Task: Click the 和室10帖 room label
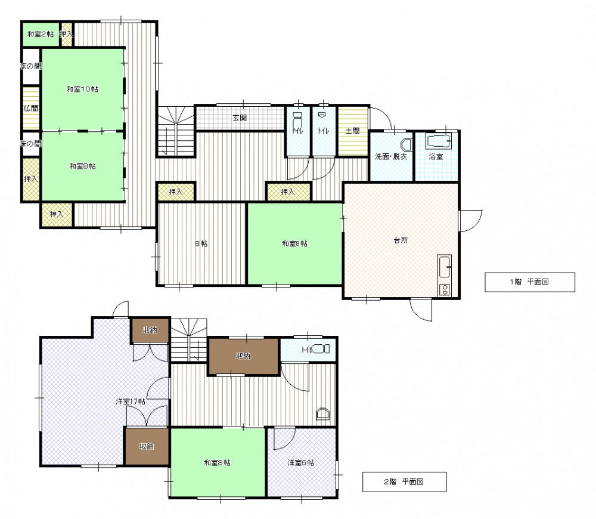[82, 89]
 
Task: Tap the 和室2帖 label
[41, 34]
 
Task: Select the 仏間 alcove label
[31, 109]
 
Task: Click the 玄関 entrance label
[240, 118]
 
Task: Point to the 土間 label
[353, 131]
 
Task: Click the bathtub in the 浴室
[438, 141]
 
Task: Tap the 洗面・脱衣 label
[391, 156]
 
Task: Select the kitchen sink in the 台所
[444, 267]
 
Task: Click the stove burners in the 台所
[444, 289]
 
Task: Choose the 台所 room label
[401, 240]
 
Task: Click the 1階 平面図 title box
[530, 282]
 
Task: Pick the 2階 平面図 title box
[405, 481]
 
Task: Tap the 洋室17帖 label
[131, 401]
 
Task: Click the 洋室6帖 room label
[300, 463]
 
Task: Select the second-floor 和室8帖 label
[217, 463]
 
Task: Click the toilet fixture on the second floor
[321, 349]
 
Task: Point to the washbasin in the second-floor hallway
[322, 413]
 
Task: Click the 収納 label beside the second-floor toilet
[243, 356]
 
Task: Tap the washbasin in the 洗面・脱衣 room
[406, 145]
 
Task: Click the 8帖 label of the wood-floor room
[201, 243]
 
